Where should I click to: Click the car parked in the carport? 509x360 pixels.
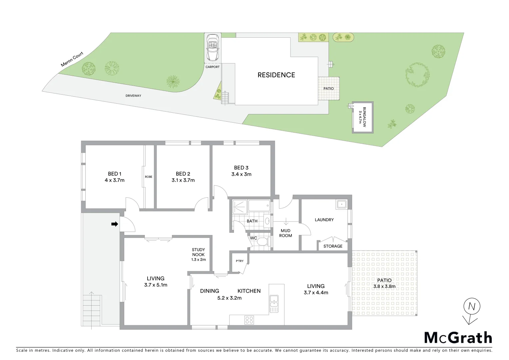coord(212,47)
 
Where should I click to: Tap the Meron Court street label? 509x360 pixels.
coord(72,59)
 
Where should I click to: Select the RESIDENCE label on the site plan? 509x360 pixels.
coord(276,75)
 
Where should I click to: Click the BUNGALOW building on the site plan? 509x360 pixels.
coord(362,117)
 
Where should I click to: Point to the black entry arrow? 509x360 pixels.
coord(115,224)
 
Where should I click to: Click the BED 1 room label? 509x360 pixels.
coord(115,174)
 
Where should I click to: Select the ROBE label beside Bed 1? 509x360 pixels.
coord(149,177)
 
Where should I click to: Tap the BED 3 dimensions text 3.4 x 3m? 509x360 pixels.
coord(241,174)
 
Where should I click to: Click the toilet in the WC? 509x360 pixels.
coord(262,242)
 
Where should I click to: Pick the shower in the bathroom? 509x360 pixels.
coord(240,207)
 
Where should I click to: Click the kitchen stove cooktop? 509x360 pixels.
coord(249,320)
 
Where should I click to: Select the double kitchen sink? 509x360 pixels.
coord(274,304)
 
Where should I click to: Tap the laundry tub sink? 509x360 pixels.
coord(341,204)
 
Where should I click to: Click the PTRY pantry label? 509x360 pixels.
coord(240,261)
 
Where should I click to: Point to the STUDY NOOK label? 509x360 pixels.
coord(198,252)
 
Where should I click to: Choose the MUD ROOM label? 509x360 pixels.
coord(285,233)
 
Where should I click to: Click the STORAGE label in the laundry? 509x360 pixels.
coord(333,246)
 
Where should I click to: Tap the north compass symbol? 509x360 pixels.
coord(472,306)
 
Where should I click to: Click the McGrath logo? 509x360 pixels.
coord(458,338)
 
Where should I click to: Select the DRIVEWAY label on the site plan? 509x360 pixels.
coord(133,96)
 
